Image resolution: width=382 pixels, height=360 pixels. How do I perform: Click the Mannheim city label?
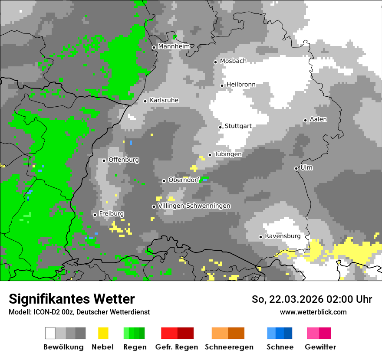click(x=174, y=46)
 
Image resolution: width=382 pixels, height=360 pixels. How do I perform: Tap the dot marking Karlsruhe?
click(x=145, y=101)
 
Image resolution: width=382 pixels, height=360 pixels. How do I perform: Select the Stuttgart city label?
click(x=238, y=126)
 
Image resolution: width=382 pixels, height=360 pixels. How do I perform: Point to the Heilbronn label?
click(x=241, y=85)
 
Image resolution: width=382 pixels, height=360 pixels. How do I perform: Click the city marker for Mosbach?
click(x=215, y=62)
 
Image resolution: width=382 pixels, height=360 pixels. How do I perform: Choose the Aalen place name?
click(x=319, y=119)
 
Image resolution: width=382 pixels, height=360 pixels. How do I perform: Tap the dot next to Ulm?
click(x=296, y=168)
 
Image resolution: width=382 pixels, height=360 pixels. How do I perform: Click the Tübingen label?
click(x=228, y=154)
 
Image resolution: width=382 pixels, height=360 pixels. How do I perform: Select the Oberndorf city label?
click(x=184, y=180)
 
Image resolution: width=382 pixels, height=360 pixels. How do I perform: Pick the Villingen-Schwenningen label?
click(x=194, y=206)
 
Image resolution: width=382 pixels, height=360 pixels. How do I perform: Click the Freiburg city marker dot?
click(x=95, y=215)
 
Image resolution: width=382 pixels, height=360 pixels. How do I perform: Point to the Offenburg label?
click(x=124, y=160)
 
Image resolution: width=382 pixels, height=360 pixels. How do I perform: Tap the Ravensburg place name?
click(x=283, y=236)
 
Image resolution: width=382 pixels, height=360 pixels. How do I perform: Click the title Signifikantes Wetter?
click(x=72, y=299)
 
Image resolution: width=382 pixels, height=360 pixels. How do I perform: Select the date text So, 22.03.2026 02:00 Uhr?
click(x=312, y=299)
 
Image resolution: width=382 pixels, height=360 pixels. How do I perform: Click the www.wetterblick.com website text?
click(x=313, y=312)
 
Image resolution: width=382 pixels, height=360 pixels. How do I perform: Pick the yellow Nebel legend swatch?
click(x=103, y=333)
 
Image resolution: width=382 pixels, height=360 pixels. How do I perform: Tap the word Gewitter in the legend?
click(x=320, y=347)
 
